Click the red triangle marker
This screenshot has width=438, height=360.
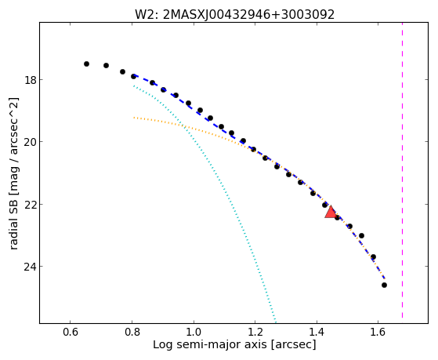pyautogui.click(x=331, y=212)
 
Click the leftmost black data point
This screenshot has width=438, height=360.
pyautogui.click(x=87, y=64)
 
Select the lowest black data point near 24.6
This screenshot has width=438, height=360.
pyautogui.click(x=385, y=285)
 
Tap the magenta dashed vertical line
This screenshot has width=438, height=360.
pyautogui.click(x=402, y=170)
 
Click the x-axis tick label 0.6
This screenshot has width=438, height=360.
pyautogui.click(x=71, y=332)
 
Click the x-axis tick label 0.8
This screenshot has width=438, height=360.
pyautogui.click(x=132, y=332)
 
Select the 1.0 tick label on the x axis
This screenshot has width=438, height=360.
pyautogui.click(x=194, y=332)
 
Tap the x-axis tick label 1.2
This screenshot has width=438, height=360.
pyautogui.click(x=255, y=332)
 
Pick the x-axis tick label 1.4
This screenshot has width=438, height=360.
pyautogui.click(x=317, y=332)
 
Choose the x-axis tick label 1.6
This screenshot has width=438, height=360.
pyautogui.click(x=378, y=332)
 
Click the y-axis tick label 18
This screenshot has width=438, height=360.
pyautogui.click(x=30, y=80)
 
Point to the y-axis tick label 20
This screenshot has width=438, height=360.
pyautogui.click(x=30, y=142)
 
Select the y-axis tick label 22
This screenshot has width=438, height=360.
pyautogui.click(x=30, y=205)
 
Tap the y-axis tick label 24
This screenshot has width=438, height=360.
pyautogui.click(x=30, y=267)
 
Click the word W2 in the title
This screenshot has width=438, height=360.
pyautogui.click(x=145, y=15)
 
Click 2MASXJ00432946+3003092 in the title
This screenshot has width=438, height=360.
pyautogui.click(x=248, y=15)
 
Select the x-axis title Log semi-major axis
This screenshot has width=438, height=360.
pyautogui.click(x=210, y=344)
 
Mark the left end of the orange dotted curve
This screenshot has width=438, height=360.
pyautogui.click(x=134, y=118)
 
